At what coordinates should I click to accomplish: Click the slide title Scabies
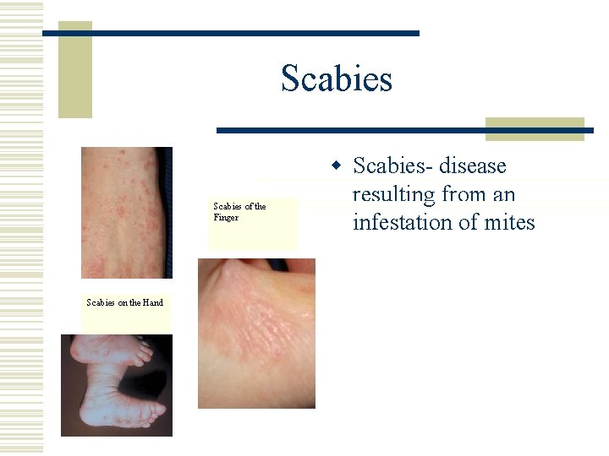(x=337, y=79)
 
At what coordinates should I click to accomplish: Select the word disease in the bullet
(x=467, y=166)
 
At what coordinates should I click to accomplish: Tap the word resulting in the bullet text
(x=393, y=194)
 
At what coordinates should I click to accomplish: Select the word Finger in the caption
(x=226, y=217)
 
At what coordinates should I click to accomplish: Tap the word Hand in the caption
(x=153, y=302)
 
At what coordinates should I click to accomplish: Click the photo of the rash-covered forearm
(x=126, y=212)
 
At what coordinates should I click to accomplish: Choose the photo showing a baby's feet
(x=116, y=385)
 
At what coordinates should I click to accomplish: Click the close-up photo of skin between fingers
(x=256, y=333)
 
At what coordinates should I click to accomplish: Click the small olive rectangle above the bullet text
(x=535, y=128)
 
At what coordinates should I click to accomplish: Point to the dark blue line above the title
(x=231, y=33)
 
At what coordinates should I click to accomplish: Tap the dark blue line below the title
(x=404, y=131)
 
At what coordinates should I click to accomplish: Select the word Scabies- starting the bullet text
(x=385, y=166)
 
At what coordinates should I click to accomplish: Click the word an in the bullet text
(x=503, y=194)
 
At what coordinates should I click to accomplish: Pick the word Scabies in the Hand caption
(x=100, y=302)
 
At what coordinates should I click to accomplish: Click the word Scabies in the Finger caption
(x=227, y=206)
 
